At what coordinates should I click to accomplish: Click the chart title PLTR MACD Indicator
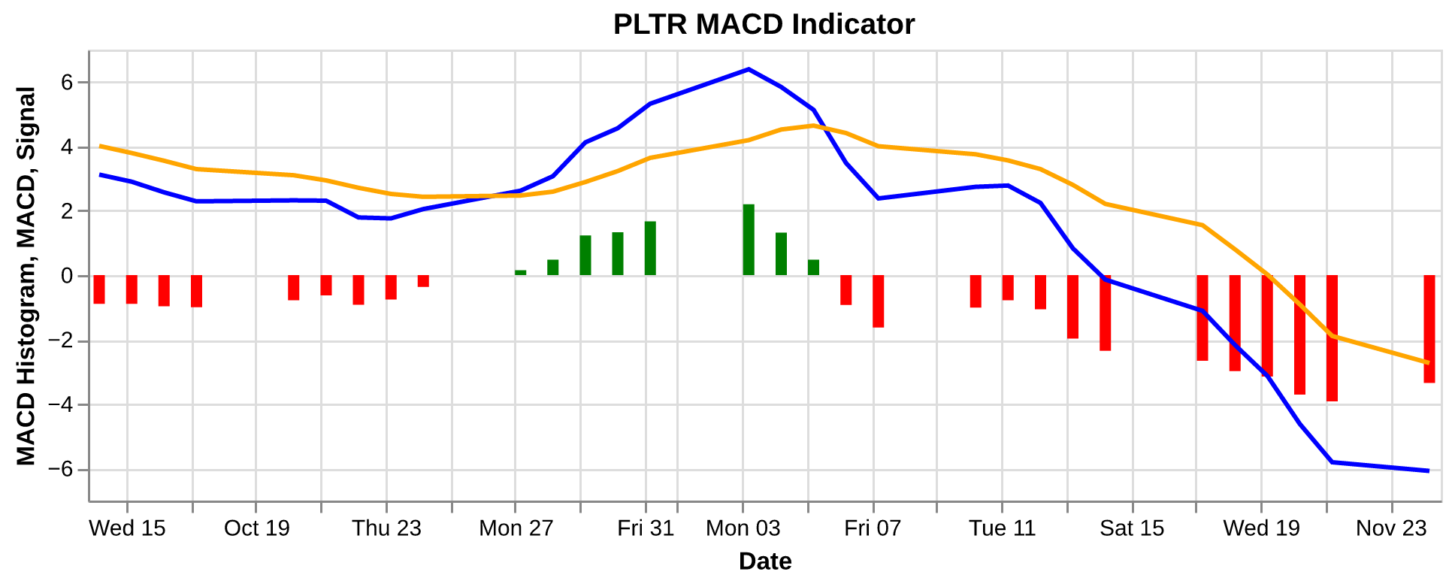[x=764, y=25]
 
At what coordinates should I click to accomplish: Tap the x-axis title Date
[x=764, y=561]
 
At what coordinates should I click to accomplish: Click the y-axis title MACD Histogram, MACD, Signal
[x=26, y=276]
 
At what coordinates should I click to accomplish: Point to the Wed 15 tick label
[x=127, y=528]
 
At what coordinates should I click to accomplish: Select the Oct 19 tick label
[x=256, y=528]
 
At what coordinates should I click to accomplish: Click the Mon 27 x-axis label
[x=516, y=528]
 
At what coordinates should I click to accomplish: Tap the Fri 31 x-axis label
[x=646, y=528]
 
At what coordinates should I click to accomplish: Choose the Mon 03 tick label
[x=743, y=528]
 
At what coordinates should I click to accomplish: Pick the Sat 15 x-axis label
[x=1132, y=528]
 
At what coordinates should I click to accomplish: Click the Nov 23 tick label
[x=1391, y=528]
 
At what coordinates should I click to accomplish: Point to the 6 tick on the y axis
[x=68, y=83]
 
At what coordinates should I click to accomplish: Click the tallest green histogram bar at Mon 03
[x=749, y=240]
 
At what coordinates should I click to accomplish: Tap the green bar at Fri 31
[x=650, y=249]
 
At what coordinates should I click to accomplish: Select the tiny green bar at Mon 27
[x=520, y=273]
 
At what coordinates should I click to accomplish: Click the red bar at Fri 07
[x=878, y=301]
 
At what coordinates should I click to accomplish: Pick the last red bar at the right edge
[x=1429, y=329]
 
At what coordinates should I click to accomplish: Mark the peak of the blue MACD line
[x=749, y=69]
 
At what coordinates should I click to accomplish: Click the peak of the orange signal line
[x=812, y=126]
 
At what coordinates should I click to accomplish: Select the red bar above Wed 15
[x=132, y=289]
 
